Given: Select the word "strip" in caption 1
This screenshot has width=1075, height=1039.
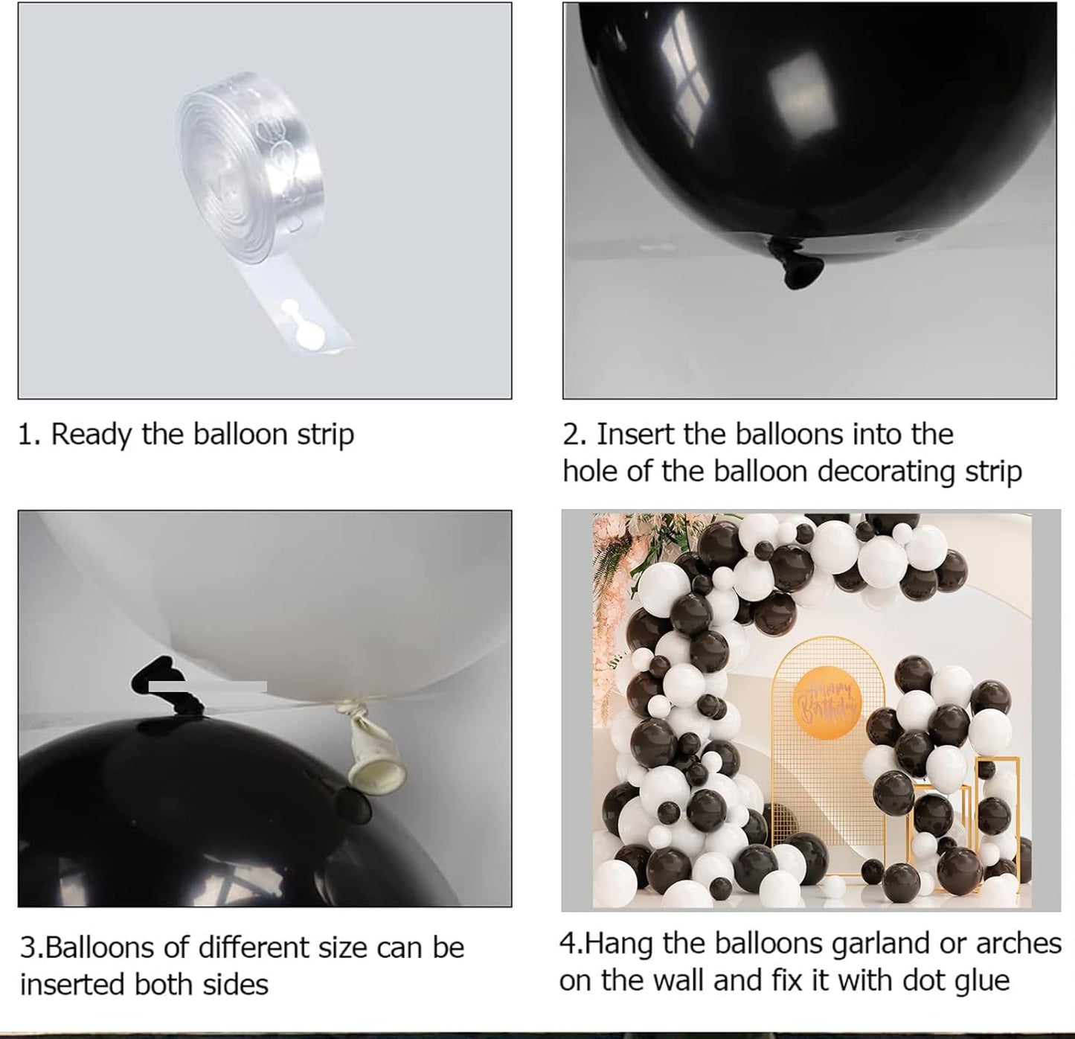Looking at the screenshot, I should pos(325,435).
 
